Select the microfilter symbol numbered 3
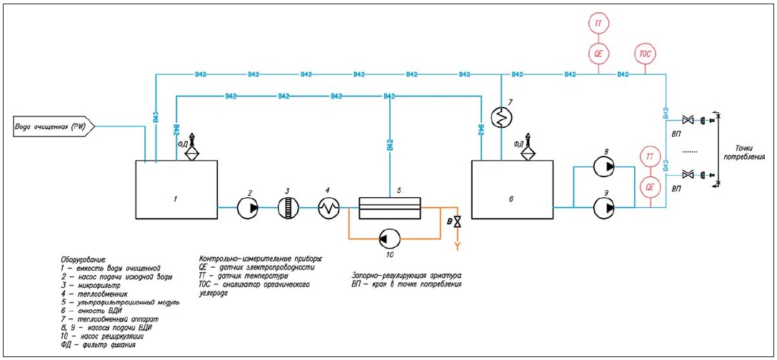coord(288,208)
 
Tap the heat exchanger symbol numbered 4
coord(328,208)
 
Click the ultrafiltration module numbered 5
coord(390,208)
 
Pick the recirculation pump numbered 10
coord(389,237)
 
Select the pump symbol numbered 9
coord(605,208)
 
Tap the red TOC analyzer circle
coord(645,54)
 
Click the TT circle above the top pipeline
coord(598,24)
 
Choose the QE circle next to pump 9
coord(650,187)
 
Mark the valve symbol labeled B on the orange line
coord(457,223)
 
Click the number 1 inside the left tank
coord(175,199)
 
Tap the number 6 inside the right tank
coord(511,199)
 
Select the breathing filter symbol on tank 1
coord(191,148)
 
